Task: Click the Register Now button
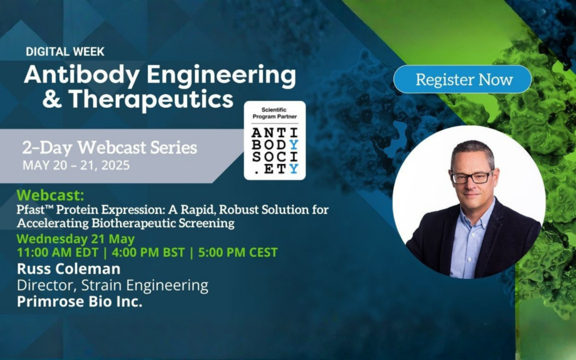(x=462, y=79)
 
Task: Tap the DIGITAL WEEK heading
(x=65, y=52)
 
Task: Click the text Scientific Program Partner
(x=275, y=113)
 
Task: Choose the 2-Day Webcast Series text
(x=109, y=147)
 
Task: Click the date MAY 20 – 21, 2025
(x=76, y=165)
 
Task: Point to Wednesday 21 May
(x=76, y=238)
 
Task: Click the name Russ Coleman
(x=68, y=268)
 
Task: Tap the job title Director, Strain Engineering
(x=112, y=285)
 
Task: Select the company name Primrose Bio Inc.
(x=79, y=301)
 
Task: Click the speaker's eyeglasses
(x=471, y=178)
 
